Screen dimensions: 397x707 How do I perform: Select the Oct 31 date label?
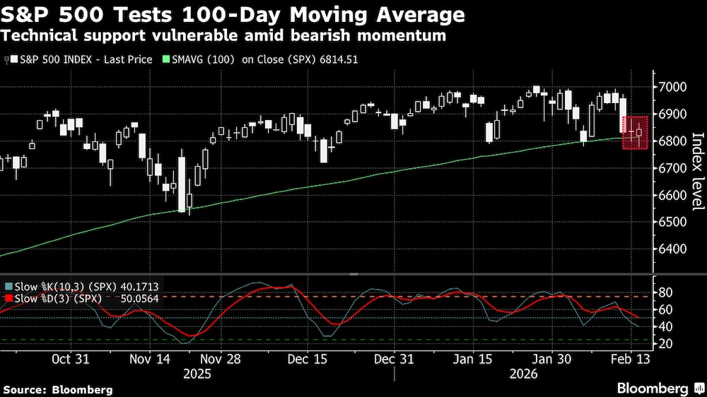[x=71, y=359]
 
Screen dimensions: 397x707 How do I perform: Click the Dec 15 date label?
[x=308, y=359]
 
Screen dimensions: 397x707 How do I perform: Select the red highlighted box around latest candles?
[x=635, y=132]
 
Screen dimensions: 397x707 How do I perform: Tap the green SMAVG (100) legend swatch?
[x=166, y=59]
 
